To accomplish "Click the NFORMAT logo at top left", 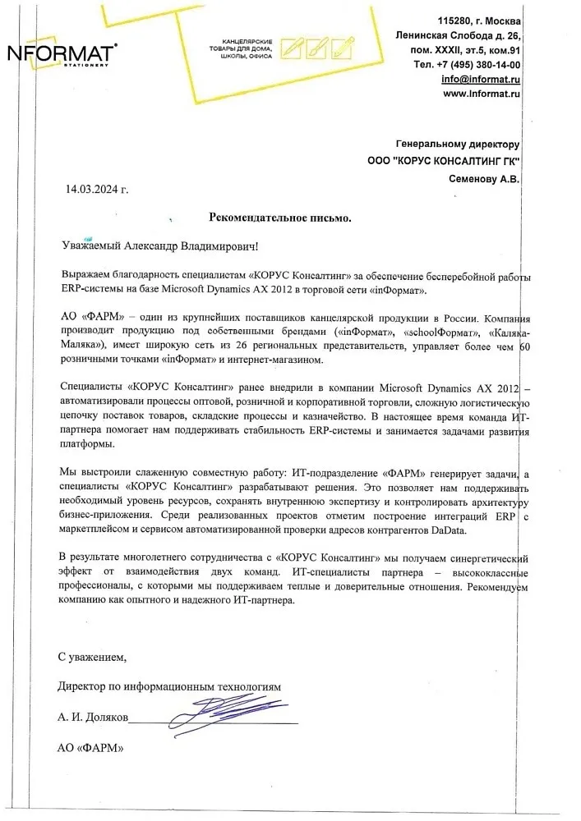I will tap(62, 55).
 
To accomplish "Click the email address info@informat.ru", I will tap(481, 79).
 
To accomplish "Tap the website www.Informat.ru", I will tap(482, 94).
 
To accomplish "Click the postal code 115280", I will tap(456, 20).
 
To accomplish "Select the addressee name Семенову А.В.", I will tap(485, 178).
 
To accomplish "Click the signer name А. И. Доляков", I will tap(93, 717).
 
